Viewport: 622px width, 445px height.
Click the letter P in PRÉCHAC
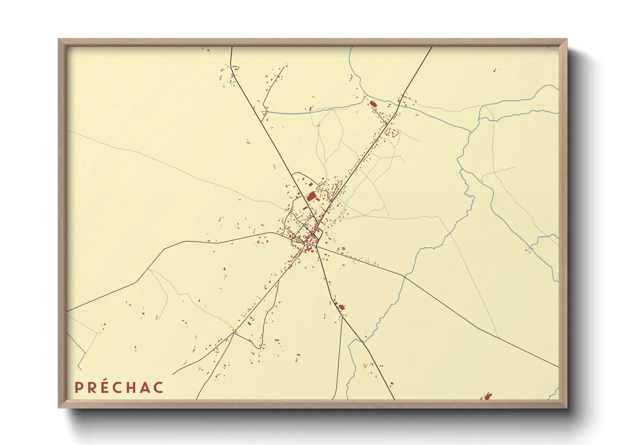pyautogui.click(x=78, y=387)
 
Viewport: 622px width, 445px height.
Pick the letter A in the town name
pyautogui.click(x=145, y=387)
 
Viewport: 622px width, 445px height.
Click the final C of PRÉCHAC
pyautogui.click(x=158, y=387)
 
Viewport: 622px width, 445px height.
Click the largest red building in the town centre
pyautogui.click(x=311, y=196)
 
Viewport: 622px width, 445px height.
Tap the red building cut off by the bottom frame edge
pyautogui.click(x=487, y=396)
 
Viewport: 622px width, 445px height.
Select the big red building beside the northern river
pyautogui.click(x=373, y=103)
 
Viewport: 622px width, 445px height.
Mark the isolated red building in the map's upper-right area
pyautogui.click(x=494, y=70)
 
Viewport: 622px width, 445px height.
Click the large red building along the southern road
pyautogui.click(x=341, y=307)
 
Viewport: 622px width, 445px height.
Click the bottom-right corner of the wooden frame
pyautogui.click(x=566, y=407)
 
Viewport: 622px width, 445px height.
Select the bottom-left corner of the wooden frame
pyautogui.click(x=59, y=407)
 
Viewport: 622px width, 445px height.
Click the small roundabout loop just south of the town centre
pyautogui.click(x=310, y=248)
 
